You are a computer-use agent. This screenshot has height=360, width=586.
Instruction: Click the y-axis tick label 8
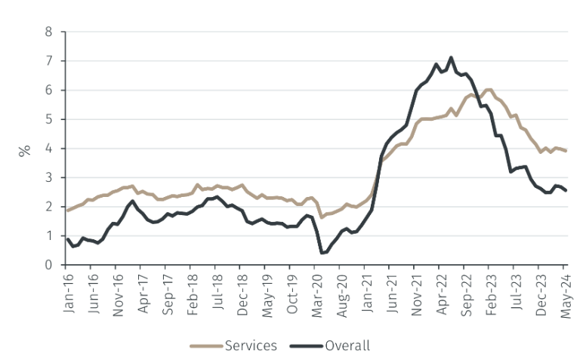(49, 32)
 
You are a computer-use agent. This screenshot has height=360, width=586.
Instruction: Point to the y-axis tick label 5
(49, 119)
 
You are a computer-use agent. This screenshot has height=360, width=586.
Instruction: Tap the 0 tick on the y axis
(49, 265)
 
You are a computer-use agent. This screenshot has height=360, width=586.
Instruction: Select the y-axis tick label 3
(49, 177)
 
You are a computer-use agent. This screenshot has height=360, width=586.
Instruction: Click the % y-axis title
(24, 149)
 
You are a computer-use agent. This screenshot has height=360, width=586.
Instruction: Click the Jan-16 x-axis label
(66, 291)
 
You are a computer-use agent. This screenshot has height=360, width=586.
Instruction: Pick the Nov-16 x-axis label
(116, 291)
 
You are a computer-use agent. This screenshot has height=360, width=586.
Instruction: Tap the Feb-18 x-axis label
(191, 291)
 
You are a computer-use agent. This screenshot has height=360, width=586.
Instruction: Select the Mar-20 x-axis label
(316, 291)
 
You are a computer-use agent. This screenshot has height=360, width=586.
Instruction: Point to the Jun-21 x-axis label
(390, 291)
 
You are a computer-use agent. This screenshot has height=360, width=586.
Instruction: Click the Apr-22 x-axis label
(440, 291)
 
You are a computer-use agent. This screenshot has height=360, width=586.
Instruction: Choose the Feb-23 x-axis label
(490, 291)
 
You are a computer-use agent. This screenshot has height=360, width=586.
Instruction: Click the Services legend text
(251, 346)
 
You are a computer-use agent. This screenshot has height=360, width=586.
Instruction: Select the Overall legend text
(347, 346)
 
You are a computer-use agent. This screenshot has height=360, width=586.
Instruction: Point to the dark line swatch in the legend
(307, 346)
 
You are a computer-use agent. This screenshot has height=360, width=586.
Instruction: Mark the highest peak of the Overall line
(451, 57)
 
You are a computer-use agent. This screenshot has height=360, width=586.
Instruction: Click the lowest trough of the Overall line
(322, 253)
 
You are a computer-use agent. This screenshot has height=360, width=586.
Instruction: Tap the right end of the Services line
(566, 151)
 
